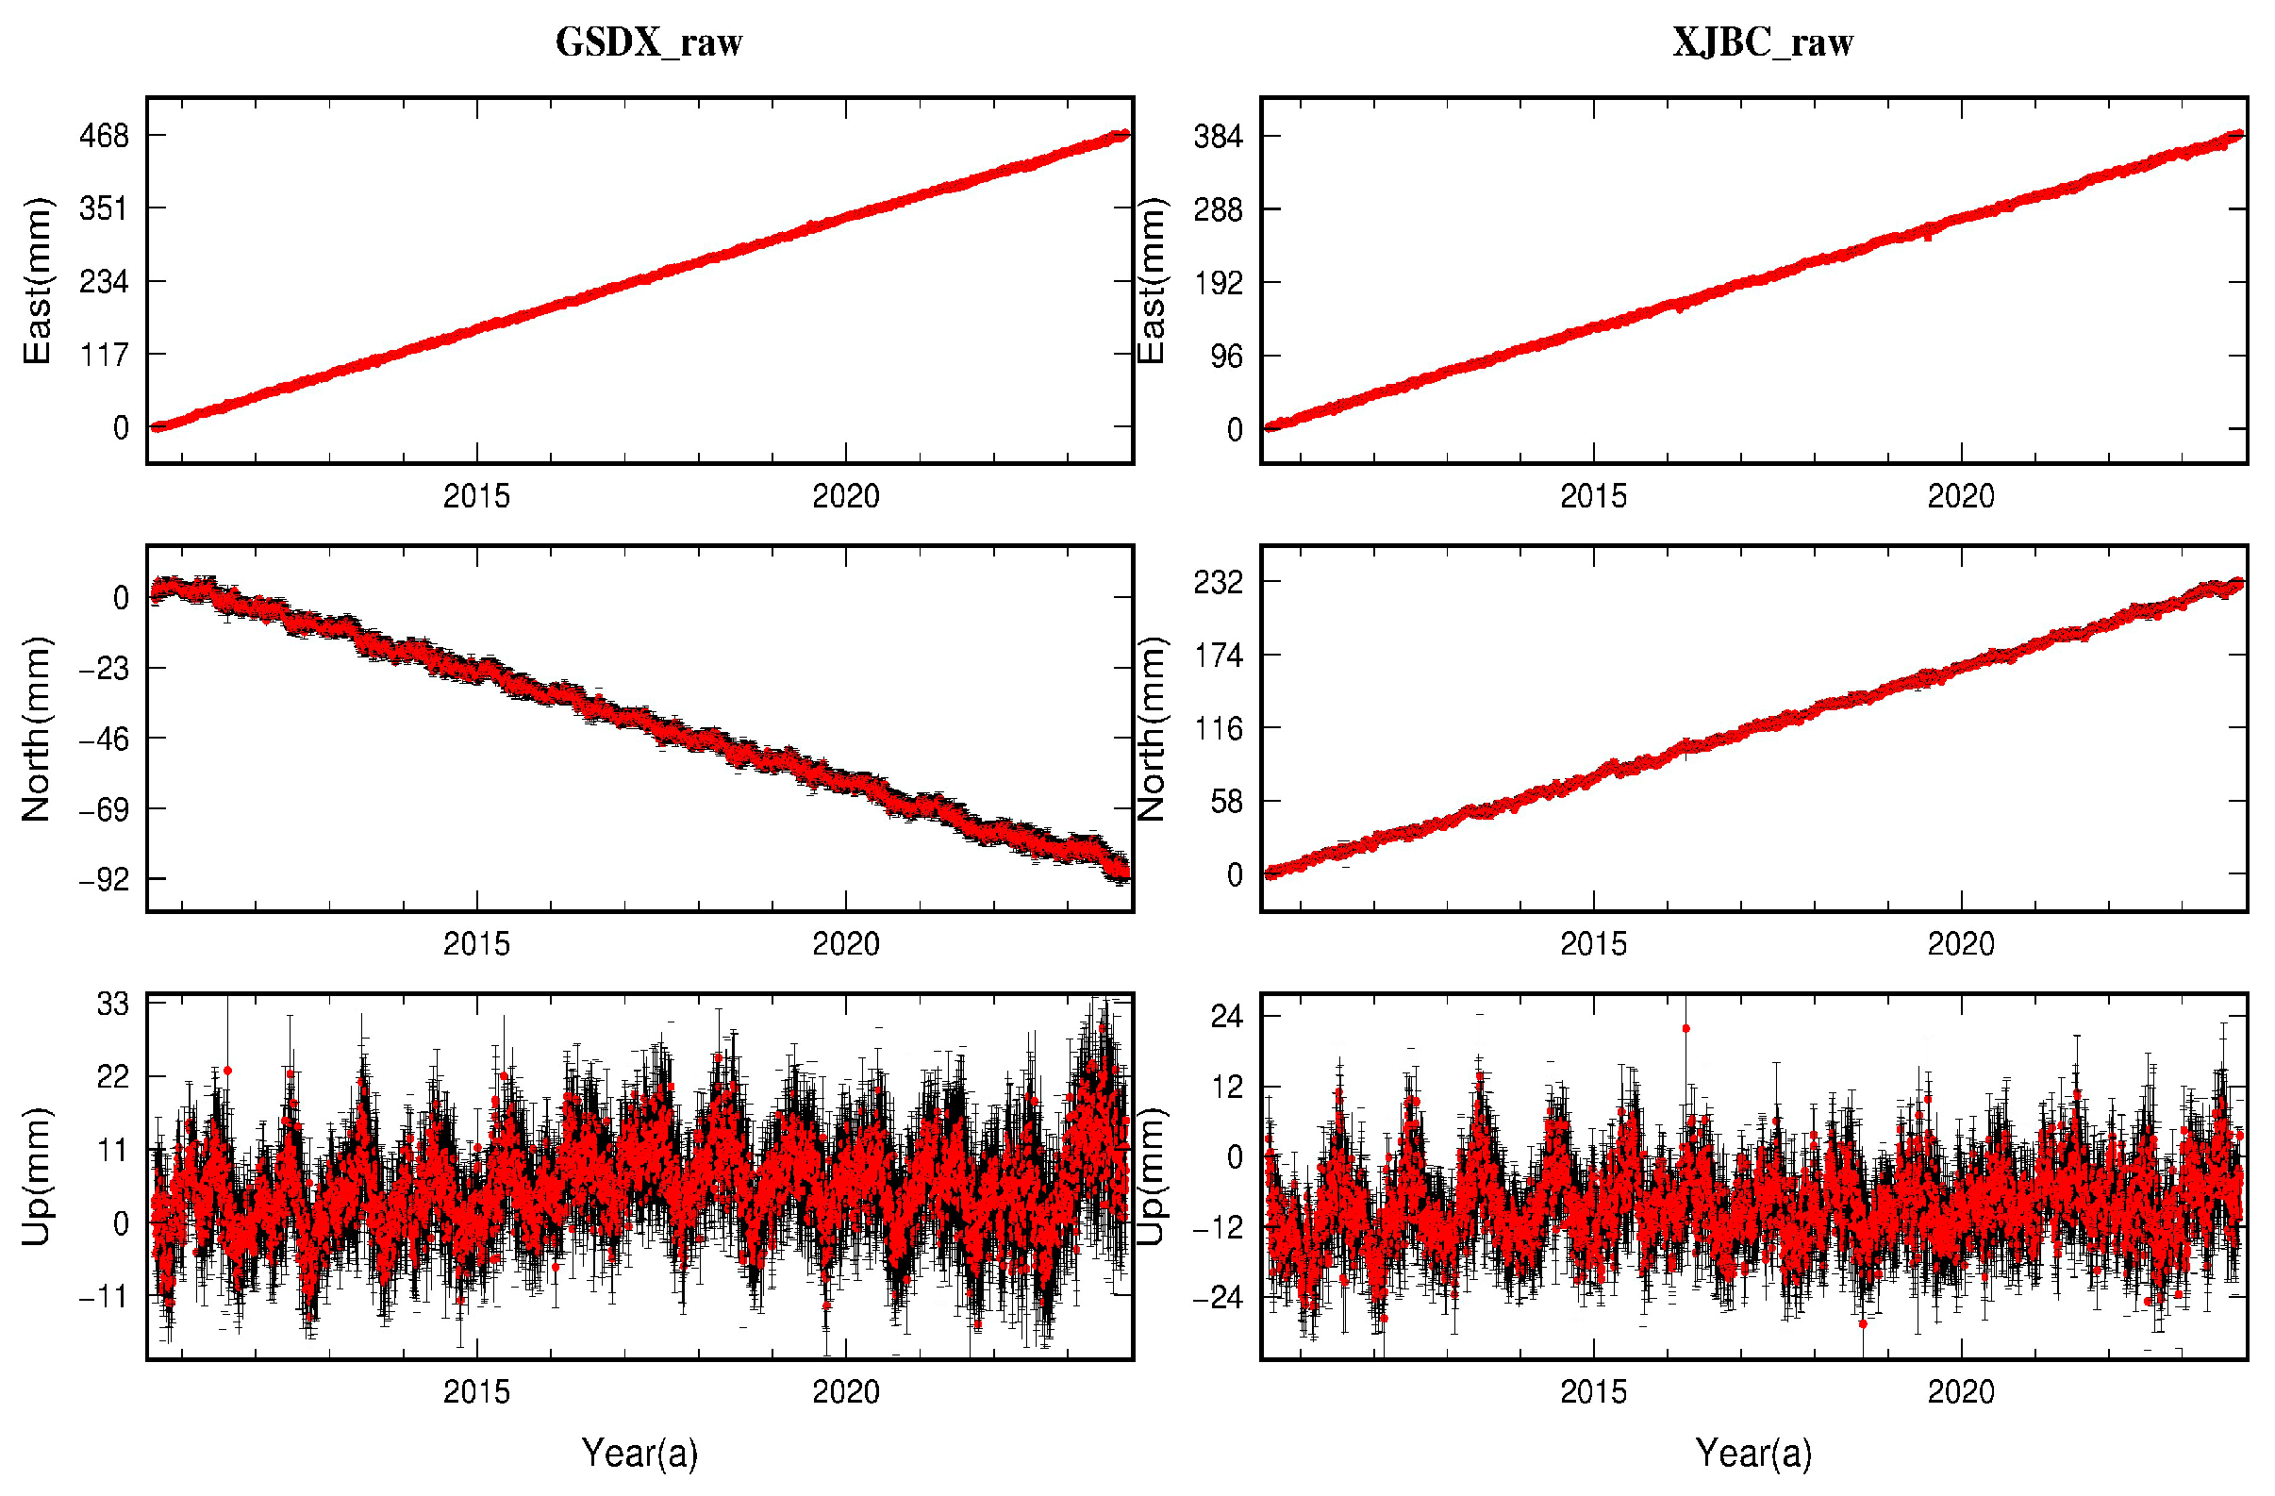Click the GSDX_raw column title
648,42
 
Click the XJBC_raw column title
1762,42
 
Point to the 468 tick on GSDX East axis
104,135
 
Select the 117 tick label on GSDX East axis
104,355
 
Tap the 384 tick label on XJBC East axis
1218,137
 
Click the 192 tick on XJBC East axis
1218,283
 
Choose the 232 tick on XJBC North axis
1218,581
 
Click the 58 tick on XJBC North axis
1225,801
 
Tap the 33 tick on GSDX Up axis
112,1004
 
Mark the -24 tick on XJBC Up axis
1216,1297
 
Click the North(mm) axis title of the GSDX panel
37,728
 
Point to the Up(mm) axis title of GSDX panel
37,1176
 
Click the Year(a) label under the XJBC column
1753,1453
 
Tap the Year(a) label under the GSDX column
639,1453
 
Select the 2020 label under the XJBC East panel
1961,496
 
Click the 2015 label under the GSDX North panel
476,944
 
